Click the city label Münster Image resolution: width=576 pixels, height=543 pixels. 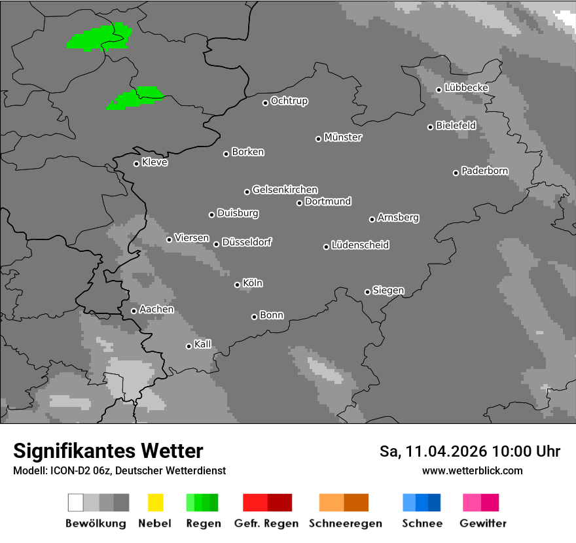tap(343, 137)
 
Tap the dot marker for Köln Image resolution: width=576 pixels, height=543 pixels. tap(237, 285)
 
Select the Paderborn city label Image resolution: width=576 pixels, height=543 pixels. tap(484, 171)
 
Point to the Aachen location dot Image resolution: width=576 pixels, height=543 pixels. tap(134, 311)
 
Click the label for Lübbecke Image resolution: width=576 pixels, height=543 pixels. tap(466, 88)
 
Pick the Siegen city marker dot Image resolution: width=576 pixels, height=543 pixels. tap(367, 292)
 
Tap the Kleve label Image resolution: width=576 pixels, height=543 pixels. tap(154, 162)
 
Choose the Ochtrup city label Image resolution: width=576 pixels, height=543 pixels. tap(289, 101)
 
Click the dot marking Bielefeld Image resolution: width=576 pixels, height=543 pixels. tap(431, 127)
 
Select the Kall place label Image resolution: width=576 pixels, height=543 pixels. tap(202, 344)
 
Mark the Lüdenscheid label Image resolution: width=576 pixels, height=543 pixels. tap(360, 245)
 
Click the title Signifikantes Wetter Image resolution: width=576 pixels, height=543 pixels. tap(108, 451)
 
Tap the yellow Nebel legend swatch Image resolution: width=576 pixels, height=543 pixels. tap(155, 502)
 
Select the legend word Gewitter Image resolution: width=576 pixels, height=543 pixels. tap(483, 523)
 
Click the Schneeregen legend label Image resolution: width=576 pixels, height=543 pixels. tap(346, 523)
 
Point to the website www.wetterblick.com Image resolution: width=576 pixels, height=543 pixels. tap(472, 470)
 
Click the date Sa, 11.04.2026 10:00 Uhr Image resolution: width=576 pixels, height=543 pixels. tap(469, 451)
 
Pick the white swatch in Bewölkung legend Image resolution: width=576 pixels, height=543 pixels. tap(76, 502)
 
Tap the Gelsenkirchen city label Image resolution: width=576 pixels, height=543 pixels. tap(285, 190)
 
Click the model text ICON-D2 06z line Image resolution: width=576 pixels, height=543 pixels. tap(119, 470)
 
